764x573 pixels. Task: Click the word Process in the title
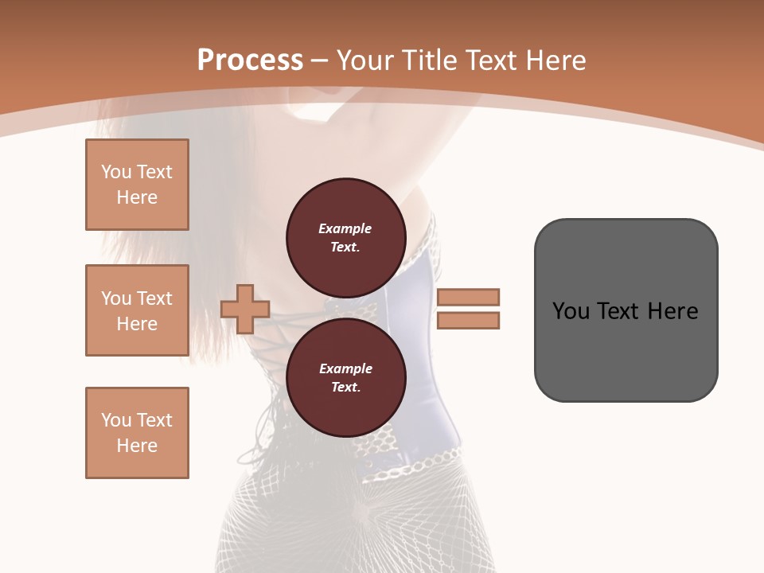250,60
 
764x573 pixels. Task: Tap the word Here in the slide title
555,60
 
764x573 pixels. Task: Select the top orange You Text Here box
137,185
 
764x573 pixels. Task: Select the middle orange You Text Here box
137,310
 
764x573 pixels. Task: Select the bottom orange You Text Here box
137,433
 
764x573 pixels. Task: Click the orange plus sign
245,309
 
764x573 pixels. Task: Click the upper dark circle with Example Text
345,237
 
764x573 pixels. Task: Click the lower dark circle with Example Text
345,377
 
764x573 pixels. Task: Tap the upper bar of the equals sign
468,297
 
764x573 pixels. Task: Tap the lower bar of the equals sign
468,320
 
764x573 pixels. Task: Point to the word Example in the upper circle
345,228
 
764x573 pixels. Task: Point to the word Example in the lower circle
345,368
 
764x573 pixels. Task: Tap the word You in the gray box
571,311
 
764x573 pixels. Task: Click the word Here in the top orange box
137,197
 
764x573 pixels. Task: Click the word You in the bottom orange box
116,420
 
